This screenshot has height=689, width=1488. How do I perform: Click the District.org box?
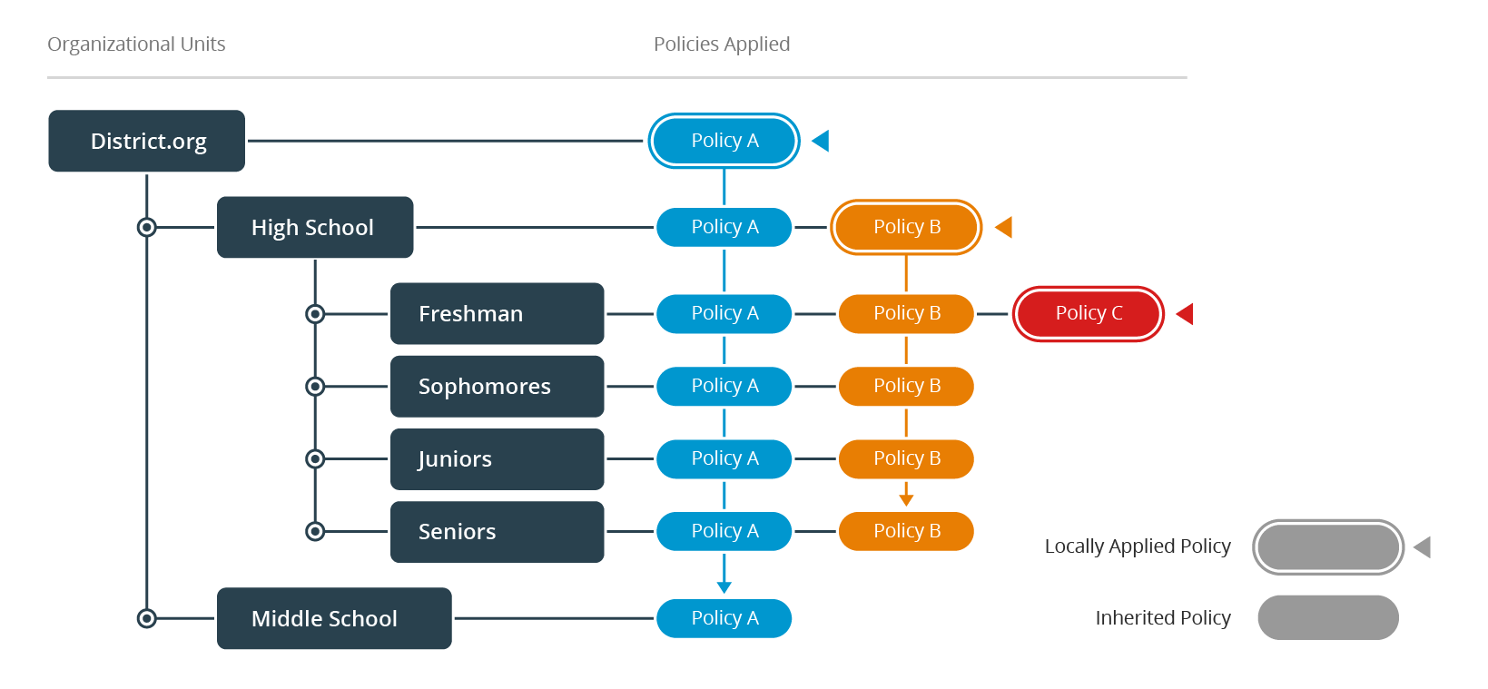pos(146,141)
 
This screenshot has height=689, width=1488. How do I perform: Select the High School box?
pos(314,227)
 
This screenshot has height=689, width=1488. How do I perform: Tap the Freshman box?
pos(497,313)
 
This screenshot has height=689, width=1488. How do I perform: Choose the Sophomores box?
pos(497,386)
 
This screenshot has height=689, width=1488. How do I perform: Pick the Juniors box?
pos(497,458)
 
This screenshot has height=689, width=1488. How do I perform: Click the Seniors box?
pos(497,531)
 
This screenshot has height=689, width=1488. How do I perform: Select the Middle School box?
pos(333,618)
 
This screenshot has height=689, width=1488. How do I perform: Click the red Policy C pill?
pos(1088,313)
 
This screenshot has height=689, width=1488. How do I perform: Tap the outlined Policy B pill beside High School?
pos(906,227)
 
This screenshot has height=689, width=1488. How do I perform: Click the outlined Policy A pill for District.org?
pos(724,141)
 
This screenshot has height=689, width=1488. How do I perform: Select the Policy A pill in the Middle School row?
pos(724,618)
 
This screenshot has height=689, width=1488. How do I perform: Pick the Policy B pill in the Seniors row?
pos(906,531)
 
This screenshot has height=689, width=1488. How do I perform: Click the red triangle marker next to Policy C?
pos(1186,313)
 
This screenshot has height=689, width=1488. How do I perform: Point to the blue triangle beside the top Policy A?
pos(822,141)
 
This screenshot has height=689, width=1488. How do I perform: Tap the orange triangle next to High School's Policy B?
pos(1005,227)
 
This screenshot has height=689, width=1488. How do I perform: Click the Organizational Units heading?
pos(136,44)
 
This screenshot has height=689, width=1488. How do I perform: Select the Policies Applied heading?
pos(722,44)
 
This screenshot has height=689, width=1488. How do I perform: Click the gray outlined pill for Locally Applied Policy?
pos(1327,546)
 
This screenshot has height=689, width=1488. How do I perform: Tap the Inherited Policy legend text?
pos(1162,618)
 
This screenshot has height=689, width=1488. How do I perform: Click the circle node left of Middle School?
pos(146,618)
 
